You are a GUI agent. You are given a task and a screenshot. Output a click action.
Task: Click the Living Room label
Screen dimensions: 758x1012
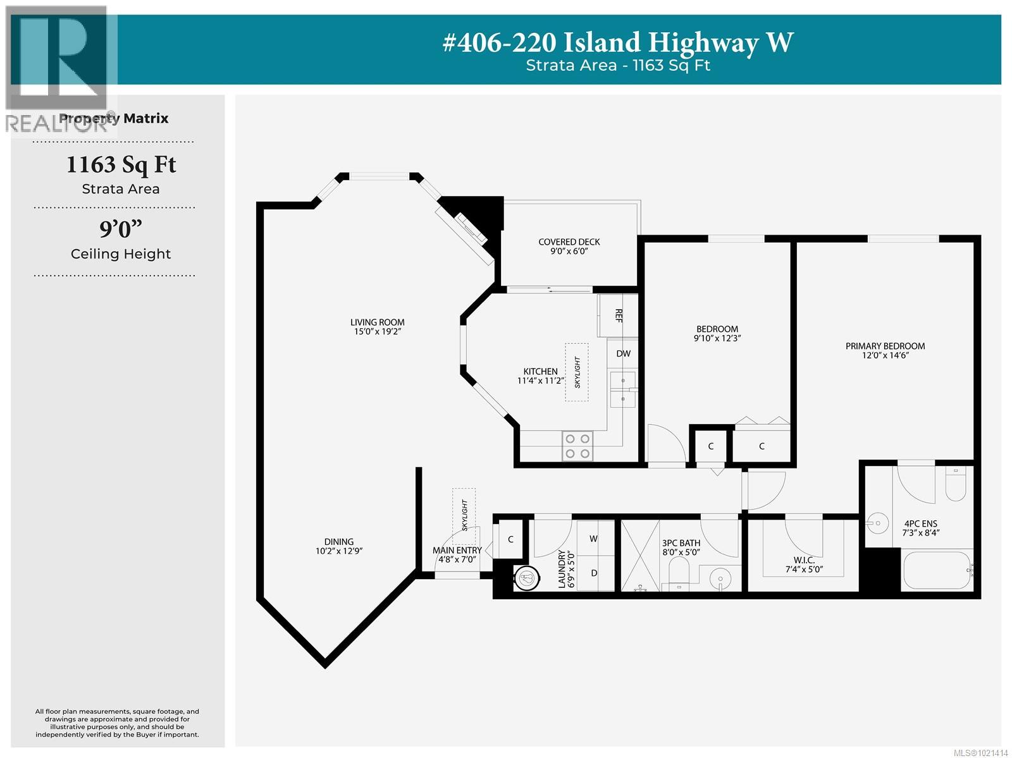tap(378, 322)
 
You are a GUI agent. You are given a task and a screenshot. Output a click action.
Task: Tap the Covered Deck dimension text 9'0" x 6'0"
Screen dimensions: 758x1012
tap(569, 252)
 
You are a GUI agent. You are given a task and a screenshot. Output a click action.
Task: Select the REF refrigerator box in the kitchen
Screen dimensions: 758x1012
tap(618, 315)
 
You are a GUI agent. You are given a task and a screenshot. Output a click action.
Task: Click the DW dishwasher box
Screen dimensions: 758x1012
tap(623, 353)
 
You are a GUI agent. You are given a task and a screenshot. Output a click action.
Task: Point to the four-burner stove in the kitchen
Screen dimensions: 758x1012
tap(577, 446)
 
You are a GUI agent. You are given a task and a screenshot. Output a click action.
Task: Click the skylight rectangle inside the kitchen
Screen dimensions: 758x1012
tap(577, 372)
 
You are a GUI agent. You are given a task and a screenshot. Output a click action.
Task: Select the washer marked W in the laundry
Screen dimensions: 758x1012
tap(595, 539)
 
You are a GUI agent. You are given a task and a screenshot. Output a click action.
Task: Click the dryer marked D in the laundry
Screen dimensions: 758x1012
tap(595, 573)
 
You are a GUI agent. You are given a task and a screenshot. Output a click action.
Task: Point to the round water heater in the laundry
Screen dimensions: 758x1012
tap(526, 577)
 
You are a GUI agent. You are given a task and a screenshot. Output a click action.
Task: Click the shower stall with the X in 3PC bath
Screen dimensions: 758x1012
tap(641, 556)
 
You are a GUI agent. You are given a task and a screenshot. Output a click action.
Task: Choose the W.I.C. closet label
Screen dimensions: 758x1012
tap(804, 560)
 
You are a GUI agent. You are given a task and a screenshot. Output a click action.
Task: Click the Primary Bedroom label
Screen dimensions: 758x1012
tap(885, 346)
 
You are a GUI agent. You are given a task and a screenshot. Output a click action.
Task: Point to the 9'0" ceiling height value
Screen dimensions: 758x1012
tap(121, 229)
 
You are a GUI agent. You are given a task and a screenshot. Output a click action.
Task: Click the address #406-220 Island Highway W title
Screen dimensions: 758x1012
tap(617, 43)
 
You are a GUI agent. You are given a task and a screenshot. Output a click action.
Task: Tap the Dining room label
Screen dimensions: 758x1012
tap(338, 542)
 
